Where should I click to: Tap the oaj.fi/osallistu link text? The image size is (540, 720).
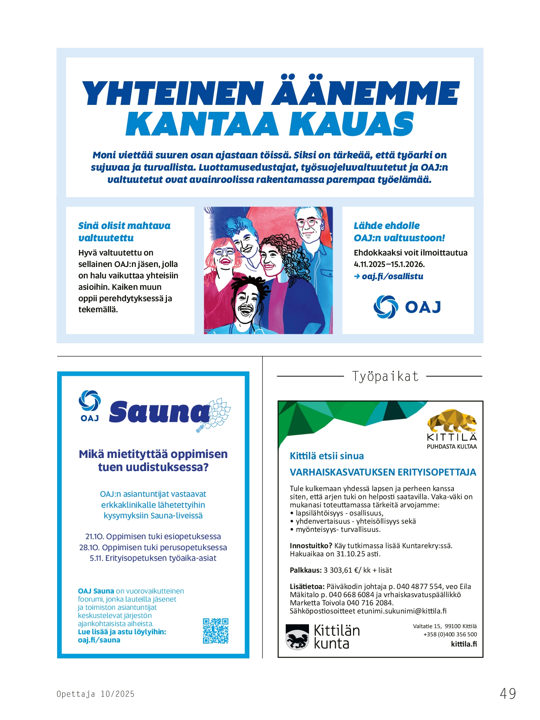coord(392,276)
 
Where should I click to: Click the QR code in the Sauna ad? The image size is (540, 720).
coord(216,631)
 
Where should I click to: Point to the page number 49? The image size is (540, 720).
coord(508,693)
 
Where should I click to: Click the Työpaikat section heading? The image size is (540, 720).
coord(385,376)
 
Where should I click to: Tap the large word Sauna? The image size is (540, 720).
coord(159,412)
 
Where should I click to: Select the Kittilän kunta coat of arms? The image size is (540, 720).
coord(297,637)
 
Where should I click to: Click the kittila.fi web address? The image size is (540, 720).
coord(464,644)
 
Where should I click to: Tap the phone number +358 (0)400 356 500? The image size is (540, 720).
coord(450,634)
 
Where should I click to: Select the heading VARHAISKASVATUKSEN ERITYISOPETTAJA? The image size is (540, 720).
coord(383,472)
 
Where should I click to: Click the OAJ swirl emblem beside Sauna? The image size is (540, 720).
coord(90,401)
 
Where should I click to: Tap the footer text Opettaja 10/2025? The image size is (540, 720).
coord(96,694)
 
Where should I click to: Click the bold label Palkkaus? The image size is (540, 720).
coord(306,570)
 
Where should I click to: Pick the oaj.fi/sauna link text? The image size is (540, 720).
coord(99,640)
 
